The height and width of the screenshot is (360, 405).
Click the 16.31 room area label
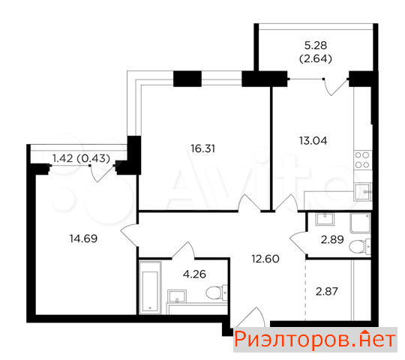(x=202, y=148)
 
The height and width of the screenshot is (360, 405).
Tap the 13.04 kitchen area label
(x=313, y=141)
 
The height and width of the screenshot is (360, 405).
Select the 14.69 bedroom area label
(x=83, y=238)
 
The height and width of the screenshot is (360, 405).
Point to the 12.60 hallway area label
(x=265, y=259)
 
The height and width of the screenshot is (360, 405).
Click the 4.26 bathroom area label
(x=194, y=274)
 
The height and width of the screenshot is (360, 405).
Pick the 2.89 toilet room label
(x=332, y=240)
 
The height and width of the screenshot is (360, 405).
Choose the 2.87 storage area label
(x=327, y=292)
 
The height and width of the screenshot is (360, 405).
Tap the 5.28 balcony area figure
(x=316, y=46)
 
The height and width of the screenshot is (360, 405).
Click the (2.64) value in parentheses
(x=316, y=59)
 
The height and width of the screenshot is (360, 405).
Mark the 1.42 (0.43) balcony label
(x=81, y=158)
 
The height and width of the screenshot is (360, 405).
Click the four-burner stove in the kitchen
(x=362, y=160)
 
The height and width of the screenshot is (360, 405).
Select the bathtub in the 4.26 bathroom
(x=150, y=288)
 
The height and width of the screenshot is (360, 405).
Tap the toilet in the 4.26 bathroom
(x=217, y=292)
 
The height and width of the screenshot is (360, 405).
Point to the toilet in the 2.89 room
(x=359, y=246)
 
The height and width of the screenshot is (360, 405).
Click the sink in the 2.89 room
(x=325, y=219)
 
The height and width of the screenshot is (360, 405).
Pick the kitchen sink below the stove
(x=362, y=192)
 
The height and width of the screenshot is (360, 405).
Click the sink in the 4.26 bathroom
(x=177, y=296)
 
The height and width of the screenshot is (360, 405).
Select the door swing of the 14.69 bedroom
(x=129, y=235)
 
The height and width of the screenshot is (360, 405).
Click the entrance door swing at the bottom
(x=250, y=317)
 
